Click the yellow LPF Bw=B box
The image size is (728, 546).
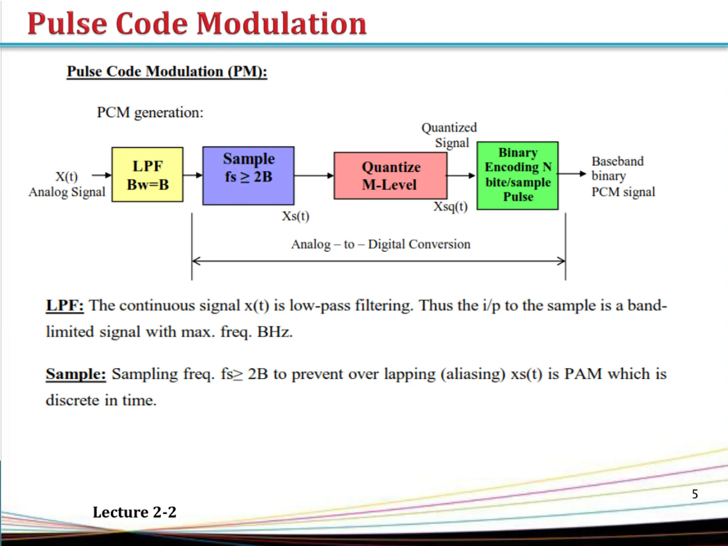tap(147, 174)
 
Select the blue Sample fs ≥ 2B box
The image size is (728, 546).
tap(248, 175)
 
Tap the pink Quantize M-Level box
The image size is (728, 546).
tap(390, 175)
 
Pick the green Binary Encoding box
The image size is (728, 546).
tap(517, 175)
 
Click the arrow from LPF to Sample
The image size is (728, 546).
tap(193, 175)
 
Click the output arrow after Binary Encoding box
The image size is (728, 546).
tap(572, 174)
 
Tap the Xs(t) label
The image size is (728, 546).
tap(295, 216)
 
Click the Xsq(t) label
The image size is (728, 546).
tap(450, 207)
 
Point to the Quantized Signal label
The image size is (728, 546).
tap(450, 135)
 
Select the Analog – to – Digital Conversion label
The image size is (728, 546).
tap(381, 244)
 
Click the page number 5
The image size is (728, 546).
tap(695, 494)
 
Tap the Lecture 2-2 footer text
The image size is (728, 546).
tap(134, 512)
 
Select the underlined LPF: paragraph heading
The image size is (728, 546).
tap(65, 305)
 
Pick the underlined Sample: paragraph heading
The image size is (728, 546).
tap(76, 374)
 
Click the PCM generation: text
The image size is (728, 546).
tap(150, 113)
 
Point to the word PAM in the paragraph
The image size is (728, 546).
tap(583, 374)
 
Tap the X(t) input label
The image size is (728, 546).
tap(67, 176)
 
